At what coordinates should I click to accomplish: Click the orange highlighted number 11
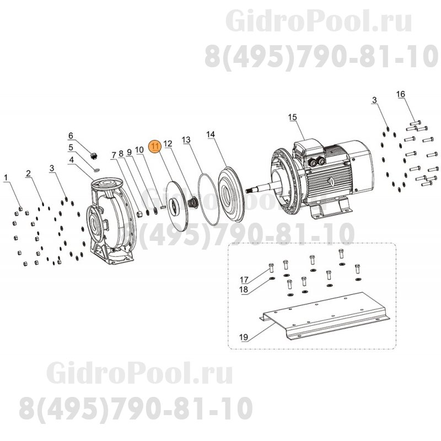tap(156, 145)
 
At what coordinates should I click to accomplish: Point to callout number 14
tap(211, 135)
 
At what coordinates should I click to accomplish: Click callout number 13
tap(186, 141)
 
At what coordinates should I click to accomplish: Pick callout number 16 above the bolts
tap(401, 94)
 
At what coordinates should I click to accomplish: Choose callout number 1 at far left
tap(7, 178)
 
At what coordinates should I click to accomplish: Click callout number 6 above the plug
tap(71, 135)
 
